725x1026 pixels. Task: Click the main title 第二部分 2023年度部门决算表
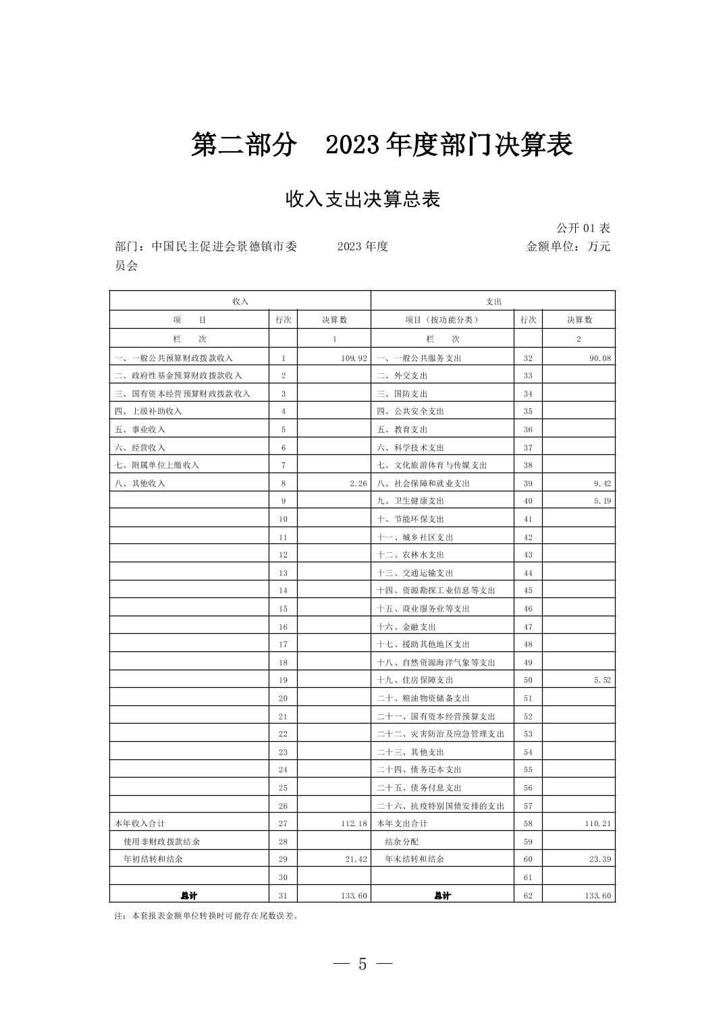coord(381,145)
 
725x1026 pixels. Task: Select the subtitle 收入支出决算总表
coord(362,199)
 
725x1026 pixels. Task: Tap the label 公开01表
coord(583,228)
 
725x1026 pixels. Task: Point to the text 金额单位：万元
coord(568,246)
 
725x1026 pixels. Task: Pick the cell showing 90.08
coord(599,358)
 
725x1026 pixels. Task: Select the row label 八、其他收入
coord(140,483)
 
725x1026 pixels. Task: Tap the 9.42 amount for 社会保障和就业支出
coord(602,483)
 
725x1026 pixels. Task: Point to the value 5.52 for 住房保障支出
coord(602,680)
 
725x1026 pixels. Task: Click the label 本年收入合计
coord(140,823)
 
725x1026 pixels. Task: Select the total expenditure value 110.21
coord(597,823)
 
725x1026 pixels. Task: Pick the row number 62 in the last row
coord(528,895)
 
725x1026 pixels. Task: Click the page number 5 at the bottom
coord(362,964)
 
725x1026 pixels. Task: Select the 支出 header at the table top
coord(493,301)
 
